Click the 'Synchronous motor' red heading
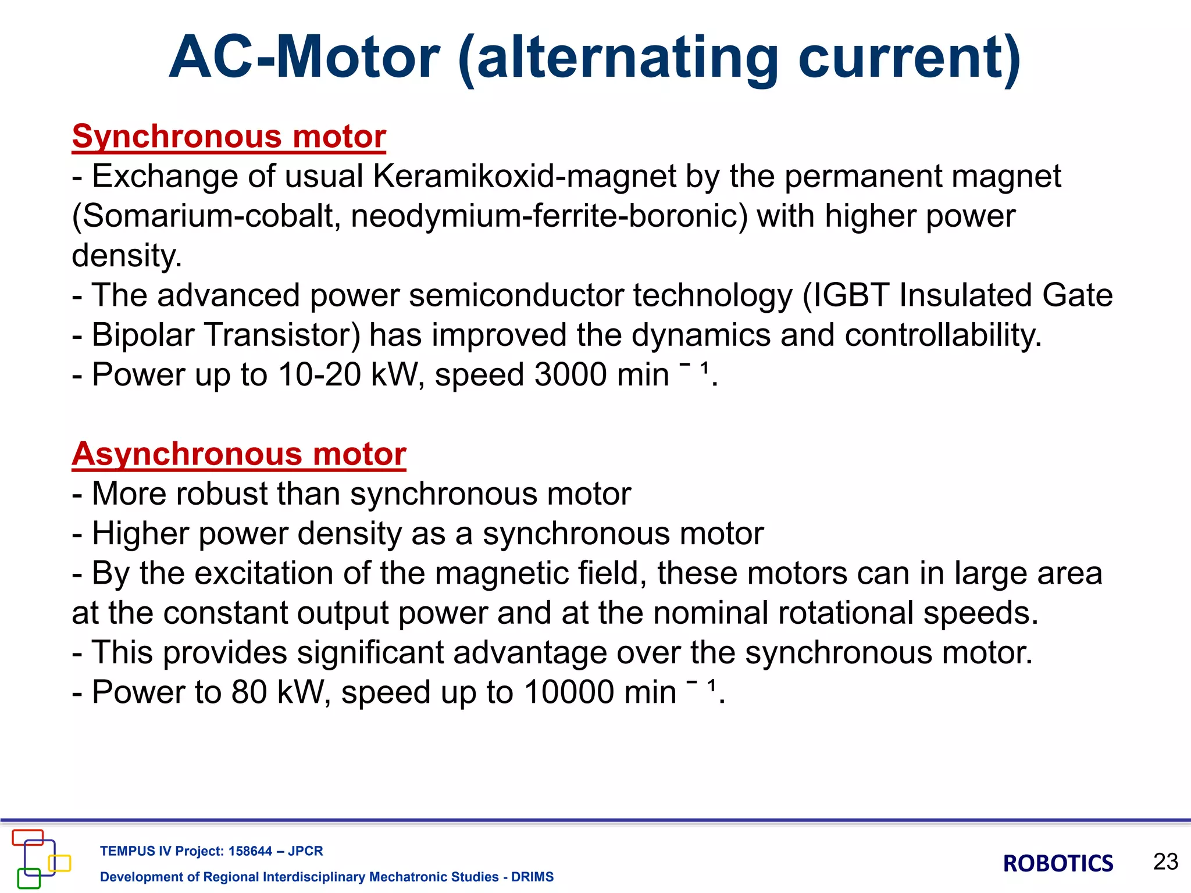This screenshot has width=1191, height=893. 229,137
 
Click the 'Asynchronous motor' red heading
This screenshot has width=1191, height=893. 238,455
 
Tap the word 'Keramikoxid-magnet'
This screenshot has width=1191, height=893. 524,176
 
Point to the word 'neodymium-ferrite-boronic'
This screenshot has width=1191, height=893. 548,216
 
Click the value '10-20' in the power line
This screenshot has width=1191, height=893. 320,375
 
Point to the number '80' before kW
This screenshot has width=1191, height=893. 249,692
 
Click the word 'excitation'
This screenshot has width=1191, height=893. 263,574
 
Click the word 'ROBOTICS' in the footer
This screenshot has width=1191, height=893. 1058,864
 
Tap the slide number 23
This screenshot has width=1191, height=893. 1165,862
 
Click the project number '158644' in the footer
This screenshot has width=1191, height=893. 250,851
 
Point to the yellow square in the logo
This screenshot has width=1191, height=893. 60,863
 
